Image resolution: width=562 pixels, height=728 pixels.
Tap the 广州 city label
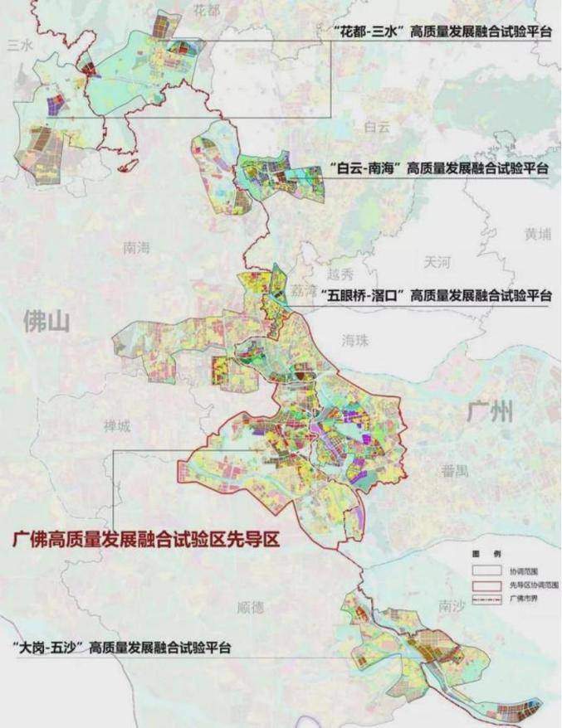click(490, 412)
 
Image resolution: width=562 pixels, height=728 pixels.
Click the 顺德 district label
click(251, 608)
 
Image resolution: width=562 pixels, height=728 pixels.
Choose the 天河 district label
click(436, 262)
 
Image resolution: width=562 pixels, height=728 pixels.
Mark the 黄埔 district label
click(537, 235)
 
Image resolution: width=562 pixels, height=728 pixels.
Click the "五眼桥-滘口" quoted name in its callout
click(359, 295)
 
